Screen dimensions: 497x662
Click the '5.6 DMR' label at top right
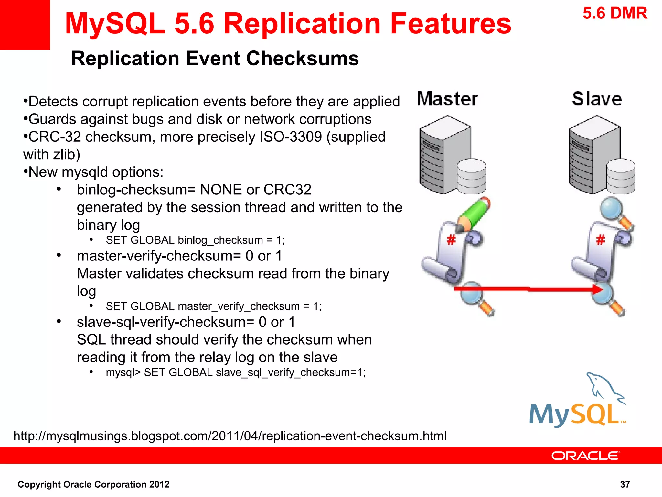pos(615,14)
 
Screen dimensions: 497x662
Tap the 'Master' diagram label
pos(447,99)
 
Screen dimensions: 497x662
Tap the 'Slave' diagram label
pos(597,99)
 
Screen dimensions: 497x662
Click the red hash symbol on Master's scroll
pos(451,240)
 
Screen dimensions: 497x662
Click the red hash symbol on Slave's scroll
pos(600,240)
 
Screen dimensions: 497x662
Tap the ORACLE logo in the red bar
pos(585,456)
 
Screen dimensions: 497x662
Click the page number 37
pos(625,484)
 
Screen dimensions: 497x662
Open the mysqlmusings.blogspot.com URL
pos(230,436)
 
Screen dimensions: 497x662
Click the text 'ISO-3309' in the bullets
pos(291,137)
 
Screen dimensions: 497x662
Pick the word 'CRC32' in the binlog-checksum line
pos(287,190)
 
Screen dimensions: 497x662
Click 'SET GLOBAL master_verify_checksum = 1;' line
pos(213,306)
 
